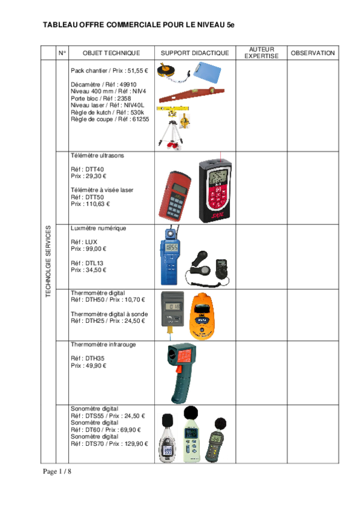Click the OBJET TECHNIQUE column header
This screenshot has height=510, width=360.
point(112,53)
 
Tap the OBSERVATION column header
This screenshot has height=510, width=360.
point(312,53)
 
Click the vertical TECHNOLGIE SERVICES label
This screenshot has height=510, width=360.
point(49,261)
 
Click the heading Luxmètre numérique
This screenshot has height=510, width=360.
point(98,229)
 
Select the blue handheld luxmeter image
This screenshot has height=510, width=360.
point(170,256)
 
